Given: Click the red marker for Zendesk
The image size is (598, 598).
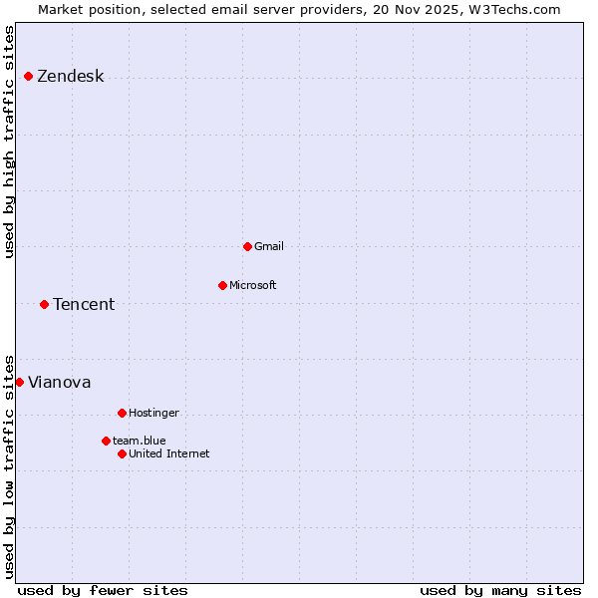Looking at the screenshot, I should pos(28,77).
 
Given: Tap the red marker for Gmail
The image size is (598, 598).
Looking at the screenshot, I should pos(247,246).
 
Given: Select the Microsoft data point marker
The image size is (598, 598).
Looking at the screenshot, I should pos(222,285).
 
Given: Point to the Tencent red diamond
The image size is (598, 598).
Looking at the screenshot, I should pos(44,304).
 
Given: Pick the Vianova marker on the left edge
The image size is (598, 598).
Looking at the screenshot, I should pos(19,382).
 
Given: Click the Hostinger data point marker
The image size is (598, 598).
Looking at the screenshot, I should pos(122,413).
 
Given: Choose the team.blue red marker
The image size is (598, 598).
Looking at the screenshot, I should pos(106,441).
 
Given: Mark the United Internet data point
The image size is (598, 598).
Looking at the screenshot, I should pos(122,453).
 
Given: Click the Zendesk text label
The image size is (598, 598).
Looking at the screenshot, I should pos(70,77).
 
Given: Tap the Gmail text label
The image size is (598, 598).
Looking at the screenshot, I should pos(269,246).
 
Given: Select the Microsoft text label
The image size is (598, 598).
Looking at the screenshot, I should pos(253,285).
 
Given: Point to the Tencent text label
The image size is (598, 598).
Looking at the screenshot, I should pos(84,304).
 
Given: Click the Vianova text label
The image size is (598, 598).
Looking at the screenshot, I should pos(59,382).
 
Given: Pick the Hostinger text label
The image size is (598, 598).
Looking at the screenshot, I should pos(153,413).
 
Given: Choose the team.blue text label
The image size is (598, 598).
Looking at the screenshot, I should pos(140,441).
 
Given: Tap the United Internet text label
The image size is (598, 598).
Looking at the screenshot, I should pos(169,453).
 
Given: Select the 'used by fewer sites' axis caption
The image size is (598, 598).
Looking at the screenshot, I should pos(103,590).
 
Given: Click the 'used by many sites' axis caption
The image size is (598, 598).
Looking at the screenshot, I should pos(500,590).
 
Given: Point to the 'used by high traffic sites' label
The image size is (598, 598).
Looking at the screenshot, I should pos(9,142).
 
